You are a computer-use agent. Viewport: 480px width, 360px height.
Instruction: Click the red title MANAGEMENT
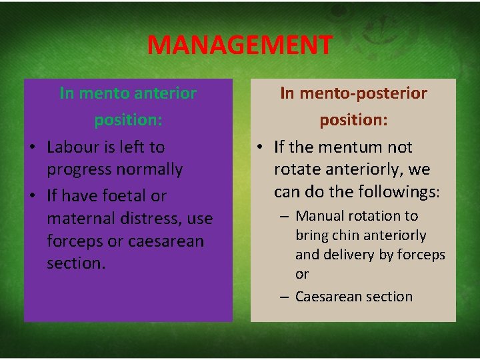(x=239, y=45)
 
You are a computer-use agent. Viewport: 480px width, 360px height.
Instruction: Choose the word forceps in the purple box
(x=72, y=241)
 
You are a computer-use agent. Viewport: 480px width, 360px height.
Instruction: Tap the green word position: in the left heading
(x=128, y=121)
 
